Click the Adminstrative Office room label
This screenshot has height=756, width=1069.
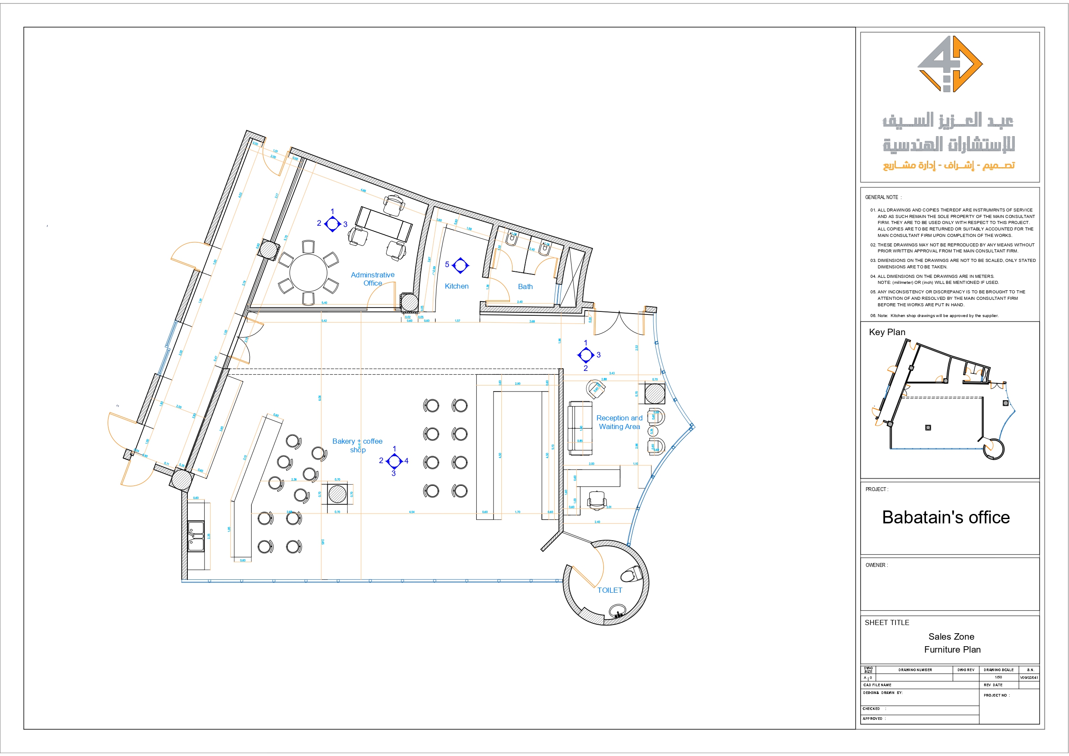click(373, 279)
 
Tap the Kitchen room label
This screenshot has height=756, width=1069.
click(456, 286)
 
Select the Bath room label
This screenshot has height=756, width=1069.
click(525, 286)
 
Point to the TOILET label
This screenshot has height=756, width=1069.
click(609, 590)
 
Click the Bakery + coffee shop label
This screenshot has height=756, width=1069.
click(357, 445)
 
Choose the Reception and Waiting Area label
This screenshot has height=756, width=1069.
click(619, 423)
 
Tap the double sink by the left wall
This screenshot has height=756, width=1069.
click(196, 536)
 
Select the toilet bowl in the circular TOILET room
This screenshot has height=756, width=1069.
click(631, 574)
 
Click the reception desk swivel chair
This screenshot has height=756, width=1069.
click(597, 501)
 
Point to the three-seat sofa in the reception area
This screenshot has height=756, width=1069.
click(580, 428)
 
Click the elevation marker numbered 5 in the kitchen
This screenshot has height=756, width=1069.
click(460, 265)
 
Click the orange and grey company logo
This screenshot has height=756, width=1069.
click(950, 64)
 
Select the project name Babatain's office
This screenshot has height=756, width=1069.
click(946, 517)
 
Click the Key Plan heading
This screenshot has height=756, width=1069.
click(887, 332)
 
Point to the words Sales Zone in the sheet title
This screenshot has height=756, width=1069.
click(951, 637)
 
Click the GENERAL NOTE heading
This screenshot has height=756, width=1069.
click(883, 197)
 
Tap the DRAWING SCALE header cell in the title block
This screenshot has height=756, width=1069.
click(998, 670)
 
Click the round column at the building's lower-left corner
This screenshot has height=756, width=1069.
click(181, 479)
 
